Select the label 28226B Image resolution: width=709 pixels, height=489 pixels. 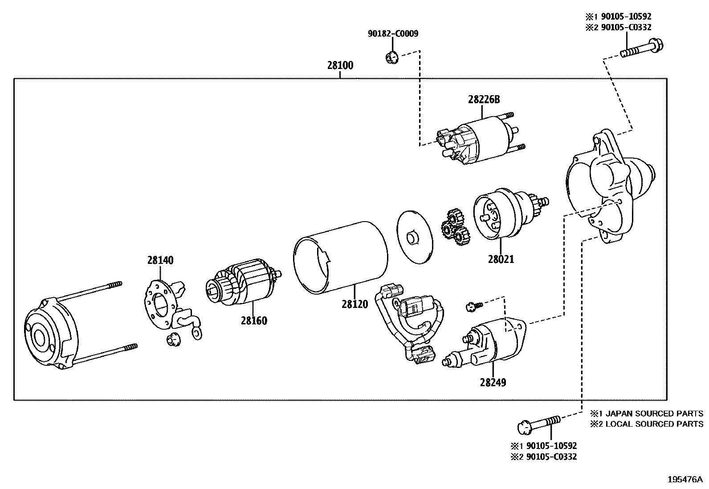[x=484, y=100]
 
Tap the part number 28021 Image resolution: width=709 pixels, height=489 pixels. [x=501, y=259]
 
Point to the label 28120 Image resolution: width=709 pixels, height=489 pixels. [x=355, y=304]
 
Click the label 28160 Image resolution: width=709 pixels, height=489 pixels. [x=254, y=320]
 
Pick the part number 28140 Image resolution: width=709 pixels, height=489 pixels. [x=160, y=260]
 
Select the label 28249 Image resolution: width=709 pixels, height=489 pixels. [x=493, y=382]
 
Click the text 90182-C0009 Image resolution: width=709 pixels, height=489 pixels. [x=393, y=33]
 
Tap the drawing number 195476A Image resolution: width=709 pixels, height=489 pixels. [x=685, y=480]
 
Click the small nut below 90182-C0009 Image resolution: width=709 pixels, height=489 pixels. [x=391, y=57]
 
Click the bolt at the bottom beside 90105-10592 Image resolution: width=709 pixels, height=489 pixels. [x=538, y=424]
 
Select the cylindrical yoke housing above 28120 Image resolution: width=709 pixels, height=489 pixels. [x=340, y=257]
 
